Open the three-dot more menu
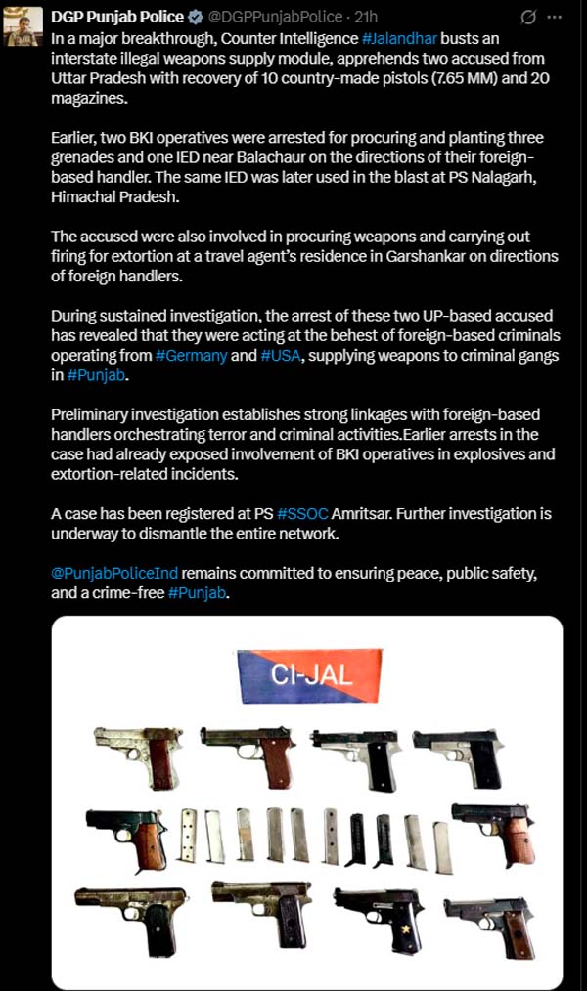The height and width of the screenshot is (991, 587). tap(557, 18)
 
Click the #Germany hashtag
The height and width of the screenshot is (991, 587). tap(191, 357)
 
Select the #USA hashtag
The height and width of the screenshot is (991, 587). tap(284, 357)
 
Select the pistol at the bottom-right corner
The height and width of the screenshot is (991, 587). tap(489, 924)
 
